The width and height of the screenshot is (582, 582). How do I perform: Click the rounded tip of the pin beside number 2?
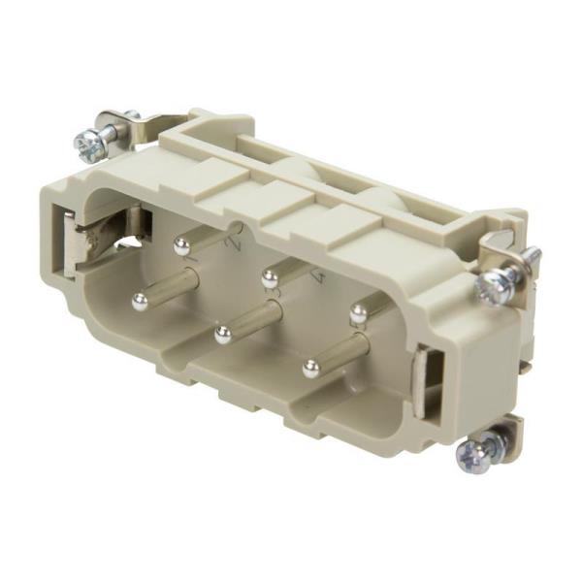pyautogui.click(x=181, y=247)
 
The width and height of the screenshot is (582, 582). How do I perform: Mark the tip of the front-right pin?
pyautogui.click(x=310, y=369)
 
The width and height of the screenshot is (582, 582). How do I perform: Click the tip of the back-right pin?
pyautogui.click(x=358, y=313)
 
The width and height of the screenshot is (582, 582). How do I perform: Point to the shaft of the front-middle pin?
pyautogui.click(x=255, y=317)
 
